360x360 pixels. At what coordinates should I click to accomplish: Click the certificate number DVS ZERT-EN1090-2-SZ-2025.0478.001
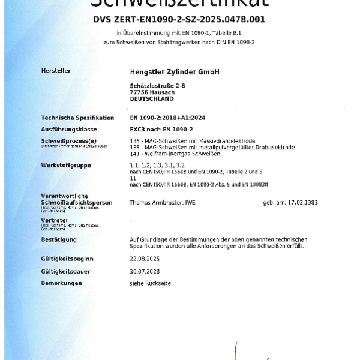point(179,19)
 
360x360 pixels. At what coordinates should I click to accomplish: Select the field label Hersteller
point(56,71)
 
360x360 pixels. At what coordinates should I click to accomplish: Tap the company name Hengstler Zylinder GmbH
point(175,72)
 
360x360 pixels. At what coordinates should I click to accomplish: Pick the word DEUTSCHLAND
point(151,99)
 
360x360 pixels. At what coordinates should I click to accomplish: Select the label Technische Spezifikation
point(77,118)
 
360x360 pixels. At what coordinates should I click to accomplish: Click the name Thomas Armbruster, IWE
point(163,203)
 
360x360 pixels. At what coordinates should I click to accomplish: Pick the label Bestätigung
point(59,240)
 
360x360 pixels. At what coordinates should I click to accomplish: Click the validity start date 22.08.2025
point(145,259)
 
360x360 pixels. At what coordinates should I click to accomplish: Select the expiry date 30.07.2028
point(145,271)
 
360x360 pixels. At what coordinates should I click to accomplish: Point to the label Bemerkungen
point(61,283)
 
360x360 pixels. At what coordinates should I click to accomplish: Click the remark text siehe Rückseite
point(150,283)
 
